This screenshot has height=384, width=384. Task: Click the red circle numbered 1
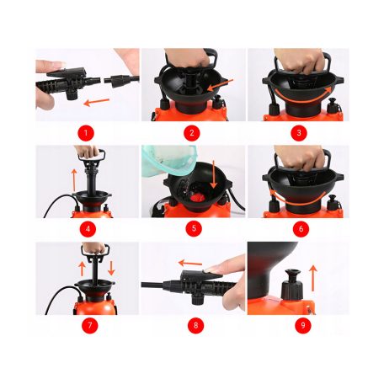(86, 133)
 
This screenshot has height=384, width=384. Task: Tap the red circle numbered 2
(192, 133)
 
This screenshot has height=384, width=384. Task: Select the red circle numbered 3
(299, 133)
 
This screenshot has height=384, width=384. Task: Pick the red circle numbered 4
(88, 229)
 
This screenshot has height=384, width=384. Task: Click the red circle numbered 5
(194, 229)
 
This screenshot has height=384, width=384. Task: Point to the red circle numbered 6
(301, 229)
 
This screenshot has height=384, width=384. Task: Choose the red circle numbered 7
(90, 325)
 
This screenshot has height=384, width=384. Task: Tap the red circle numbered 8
(196, 325)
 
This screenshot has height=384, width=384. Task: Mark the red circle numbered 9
(303, 325)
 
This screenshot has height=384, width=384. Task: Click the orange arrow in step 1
(97, 102)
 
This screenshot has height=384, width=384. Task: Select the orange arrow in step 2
(221, 85)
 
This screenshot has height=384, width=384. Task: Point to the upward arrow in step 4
(74, 179)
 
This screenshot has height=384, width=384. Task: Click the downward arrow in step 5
(214, 174)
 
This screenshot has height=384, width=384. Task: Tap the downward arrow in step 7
(111, 268)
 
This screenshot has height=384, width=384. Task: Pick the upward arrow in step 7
(82, 269)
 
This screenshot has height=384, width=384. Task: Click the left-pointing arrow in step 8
(190, 264)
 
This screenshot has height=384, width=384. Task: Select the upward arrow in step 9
(313, 279)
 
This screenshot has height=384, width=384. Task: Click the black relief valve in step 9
(292, 285)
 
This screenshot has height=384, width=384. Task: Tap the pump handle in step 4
(92, 155)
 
